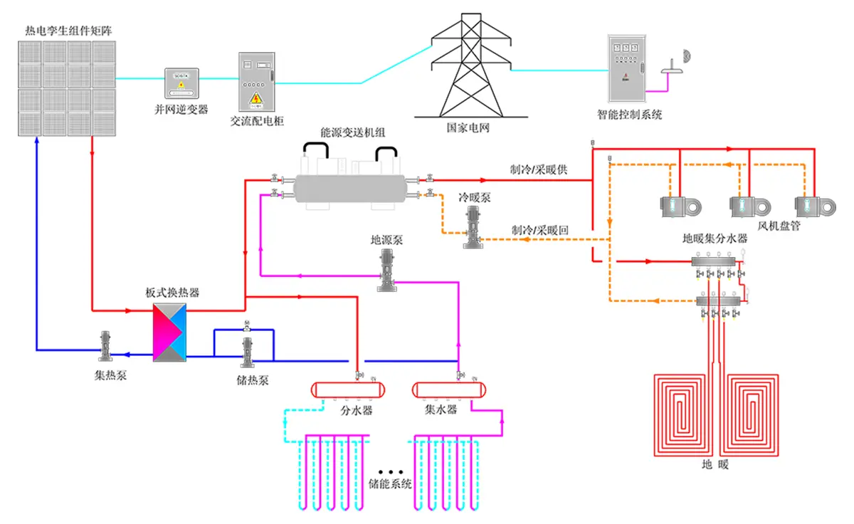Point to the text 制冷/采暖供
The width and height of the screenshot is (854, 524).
pos(538,170)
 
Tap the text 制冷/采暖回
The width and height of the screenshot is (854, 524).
pos(539,231)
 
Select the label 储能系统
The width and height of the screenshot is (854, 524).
pos(390,484)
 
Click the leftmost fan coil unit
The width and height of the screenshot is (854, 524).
pos(677,206)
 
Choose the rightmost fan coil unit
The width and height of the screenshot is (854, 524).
pos(812,206)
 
